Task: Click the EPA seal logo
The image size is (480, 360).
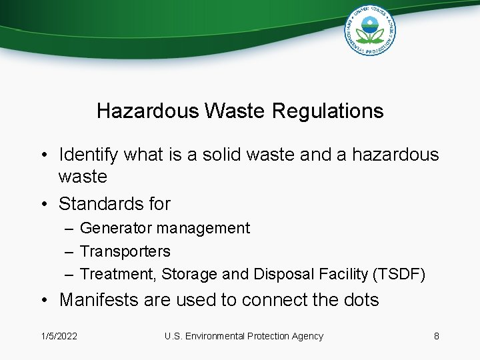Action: pos(370,30)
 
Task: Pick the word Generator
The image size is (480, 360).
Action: pos(115,228)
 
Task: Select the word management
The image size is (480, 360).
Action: pos(203,228)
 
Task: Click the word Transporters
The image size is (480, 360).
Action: pos(125,251)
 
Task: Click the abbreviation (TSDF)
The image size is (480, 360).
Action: pos(398,274)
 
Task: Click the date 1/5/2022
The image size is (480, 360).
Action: pos(59,336)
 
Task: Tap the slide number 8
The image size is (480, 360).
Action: pos(437,336)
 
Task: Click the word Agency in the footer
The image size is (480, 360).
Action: pos(307,336)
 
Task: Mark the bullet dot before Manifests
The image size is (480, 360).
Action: pos(42,301)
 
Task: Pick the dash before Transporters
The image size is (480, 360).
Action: pos(70,251)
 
